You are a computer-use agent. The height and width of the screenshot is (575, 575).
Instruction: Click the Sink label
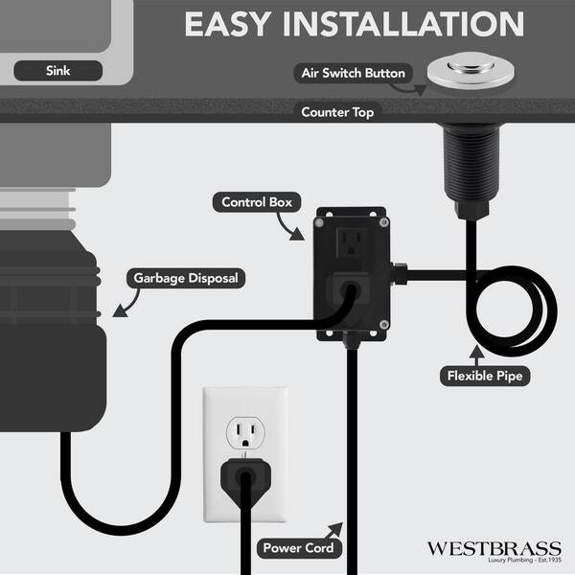point(57,70)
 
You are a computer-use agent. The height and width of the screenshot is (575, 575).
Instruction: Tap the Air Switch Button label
point(353,73)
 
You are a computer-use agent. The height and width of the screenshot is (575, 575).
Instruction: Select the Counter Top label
point(337,112)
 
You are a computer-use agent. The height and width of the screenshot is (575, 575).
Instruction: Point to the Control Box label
point(257,202)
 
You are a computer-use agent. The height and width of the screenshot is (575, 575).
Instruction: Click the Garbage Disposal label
point(186,278)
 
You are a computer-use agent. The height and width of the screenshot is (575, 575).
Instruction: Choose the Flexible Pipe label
point(485,376)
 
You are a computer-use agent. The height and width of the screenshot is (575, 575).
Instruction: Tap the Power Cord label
point(298,548)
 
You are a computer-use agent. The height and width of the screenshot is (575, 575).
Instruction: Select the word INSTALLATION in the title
point(403,24)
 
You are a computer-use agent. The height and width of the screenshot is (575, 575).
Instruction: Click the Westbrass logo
point(494,551)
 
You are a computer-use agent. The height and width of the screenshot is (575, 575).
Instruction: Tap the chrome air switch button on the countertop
point(471,71)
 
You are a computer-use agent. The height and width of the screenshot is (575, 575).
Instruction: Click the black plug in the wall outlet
point(245,476)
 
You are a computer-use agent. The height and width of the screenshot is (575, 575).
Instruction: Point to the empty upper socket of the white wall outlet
point(245,433)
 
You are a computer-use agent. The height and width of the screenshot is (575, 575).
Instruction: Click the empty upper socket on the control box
point(352,242)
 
